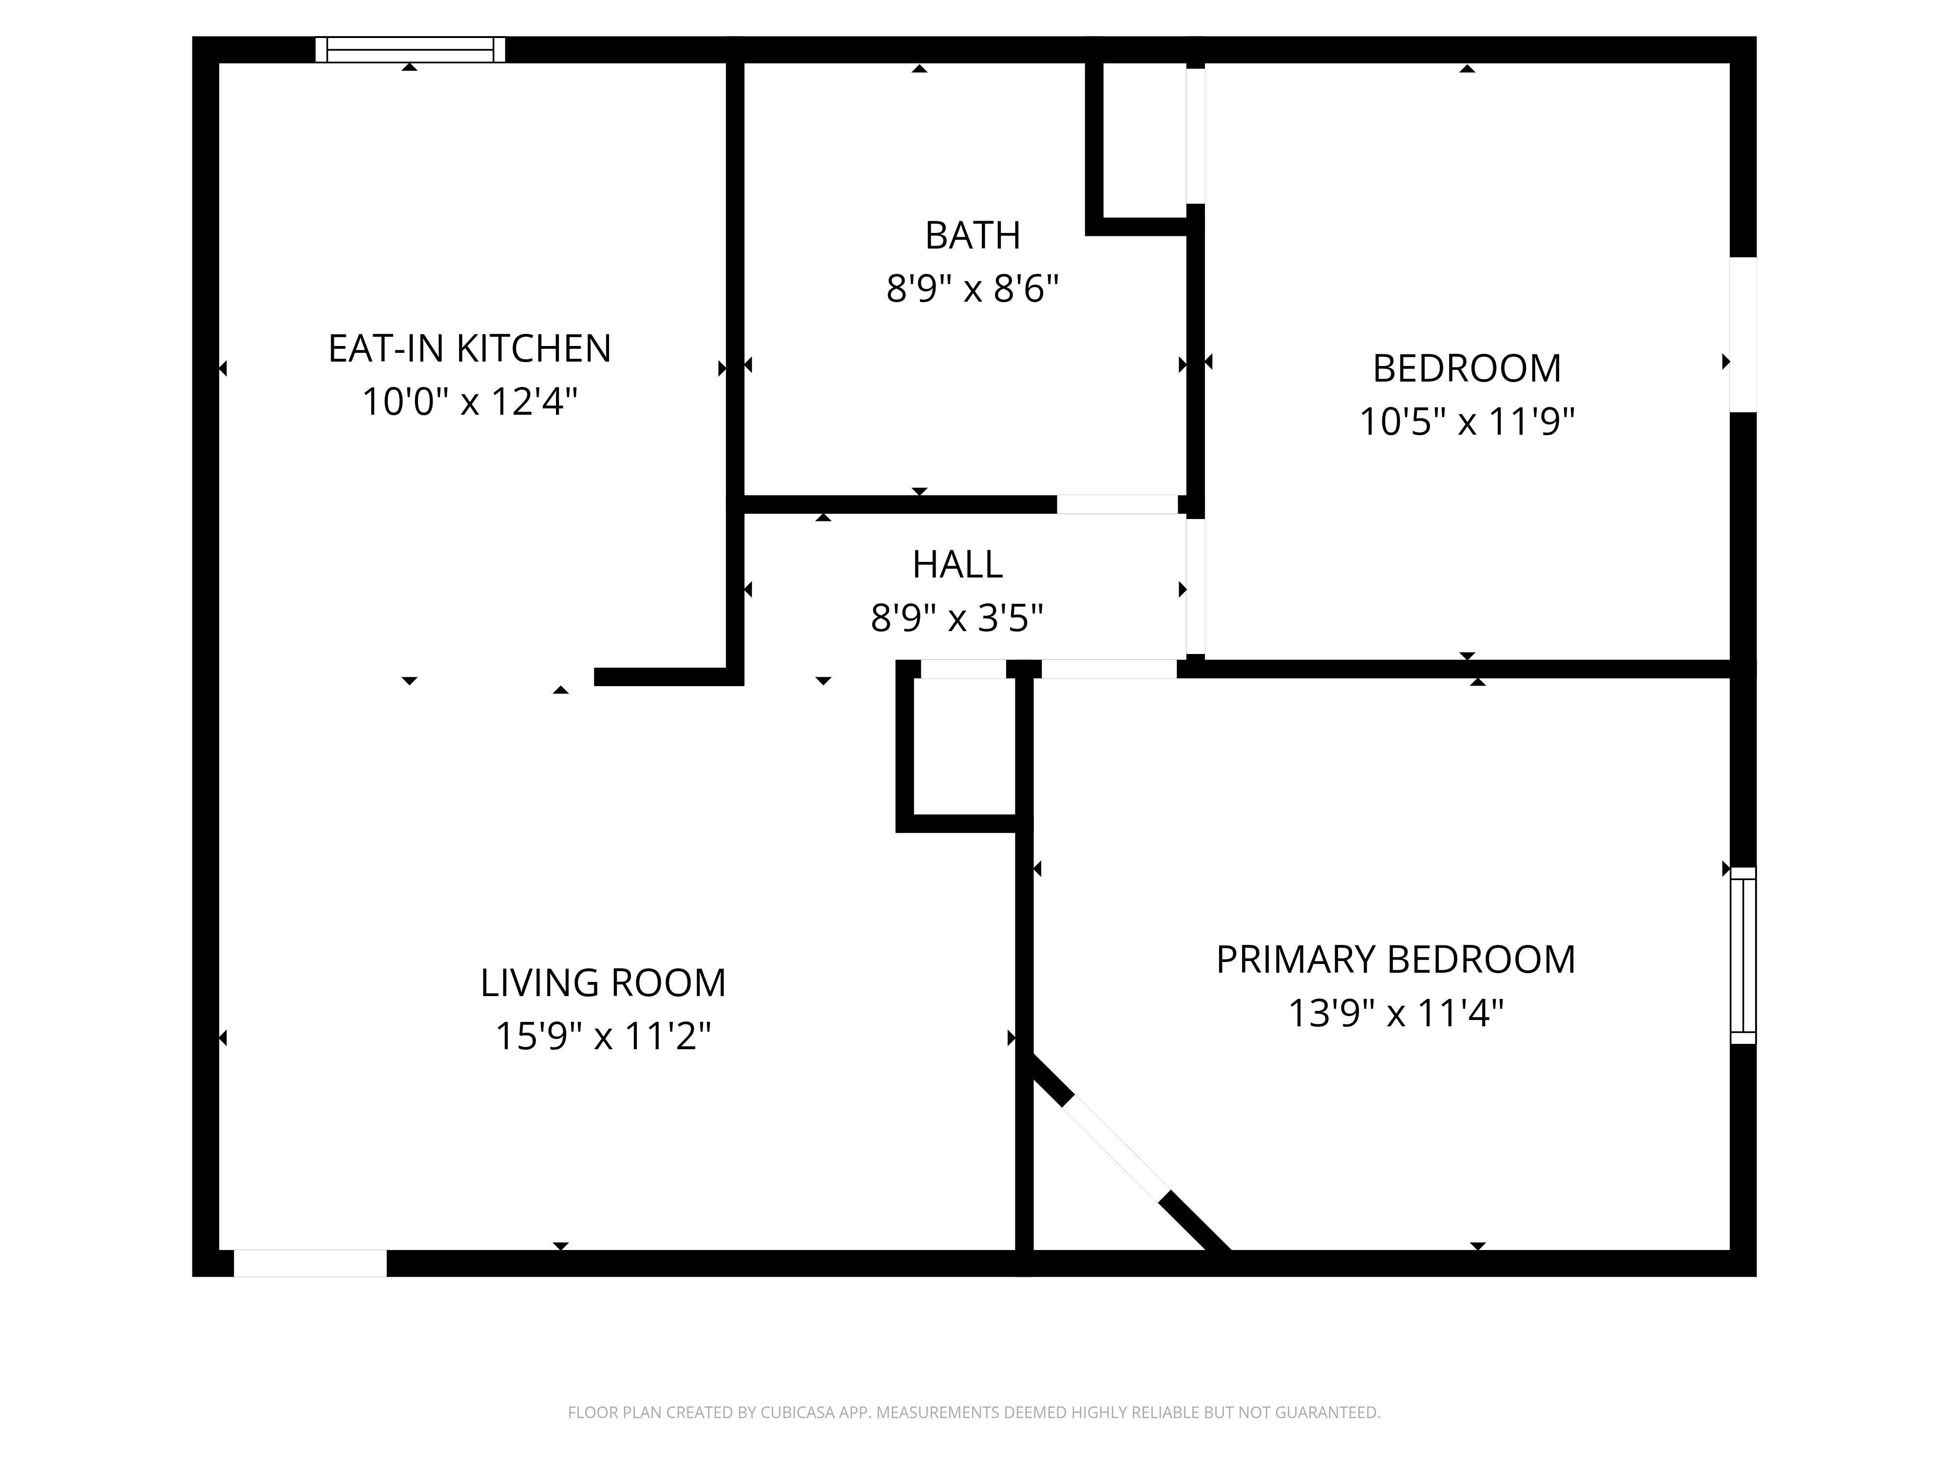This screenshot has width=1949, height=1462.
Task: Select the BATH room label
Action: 972,235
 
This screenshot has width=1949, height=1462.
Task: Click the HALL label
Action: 957,565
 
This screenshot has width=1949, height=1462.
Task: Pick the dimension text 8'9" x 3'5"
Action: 957,618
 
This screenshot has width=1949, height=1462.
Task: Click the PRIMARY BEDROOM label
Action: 1395,960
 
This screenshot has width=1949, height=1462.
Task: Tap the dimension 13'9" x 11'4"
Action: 1395,1014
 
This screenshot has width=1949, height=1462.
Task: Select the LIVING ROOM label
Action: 603,982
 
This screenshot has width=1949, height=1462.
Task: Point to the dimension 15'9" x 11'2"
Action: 603,1037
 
